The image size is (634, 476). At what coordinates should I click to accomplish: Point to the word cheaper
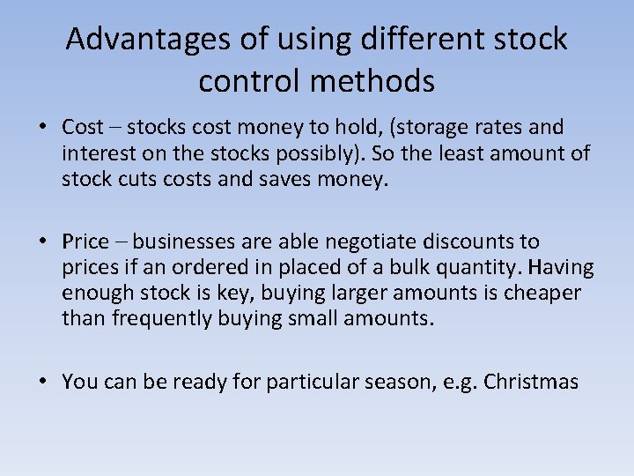[x=542, y=293]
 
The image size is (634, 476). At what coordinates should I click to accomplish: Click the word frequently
[x=151, y=318]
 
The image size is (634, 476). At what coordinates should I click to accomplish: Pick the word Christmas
[x=531, y=382]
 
